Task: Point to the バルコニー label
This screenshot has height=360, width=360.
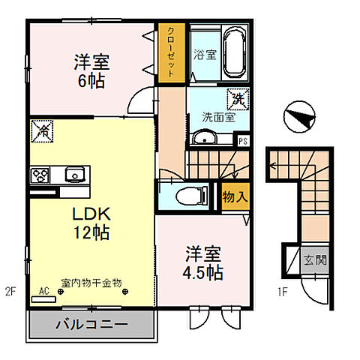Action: (x=91, y=325)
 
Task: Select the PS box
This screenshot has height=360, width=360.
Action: (x=242, y=140)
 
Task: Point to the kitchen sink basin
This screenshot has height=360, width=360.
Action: (x=73, y=174)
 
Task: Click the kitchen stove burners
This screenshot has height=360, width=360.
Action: (x=39, y=175)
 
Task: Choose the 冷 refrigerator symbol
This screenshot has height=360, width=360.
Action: (x=42, y=131)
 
